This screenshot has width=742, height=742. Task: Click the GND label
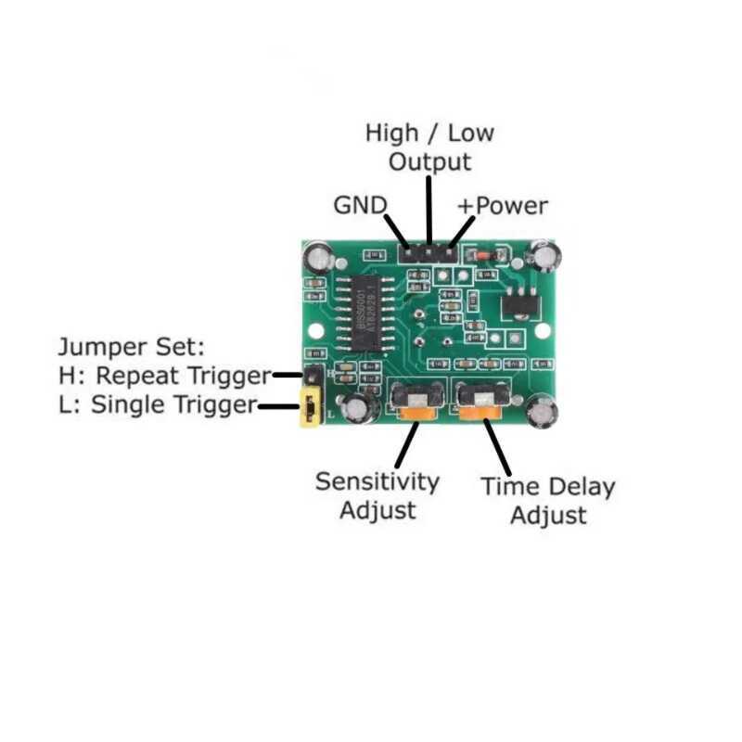point(360,205)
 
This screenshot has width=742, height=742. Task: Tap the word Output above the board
point(429,162)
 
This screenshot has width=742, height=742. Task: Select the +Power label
point(503,206)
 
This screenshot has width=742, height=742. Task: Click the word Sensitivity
point(377,482)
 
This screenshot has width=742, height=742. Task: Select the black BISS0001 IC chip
point(365,313)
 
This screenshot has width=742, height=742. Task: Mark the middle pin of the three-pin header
point(429,253)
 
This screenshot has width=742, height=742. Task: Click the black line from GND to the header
point(396,230)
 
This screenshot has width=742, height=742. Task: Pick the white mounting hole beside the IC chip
point(315,331)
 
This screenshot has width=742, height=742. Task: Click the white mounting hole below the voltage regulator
point(543,331)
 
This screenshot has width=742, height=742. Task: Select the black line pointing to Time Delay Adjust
point(497,448)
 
